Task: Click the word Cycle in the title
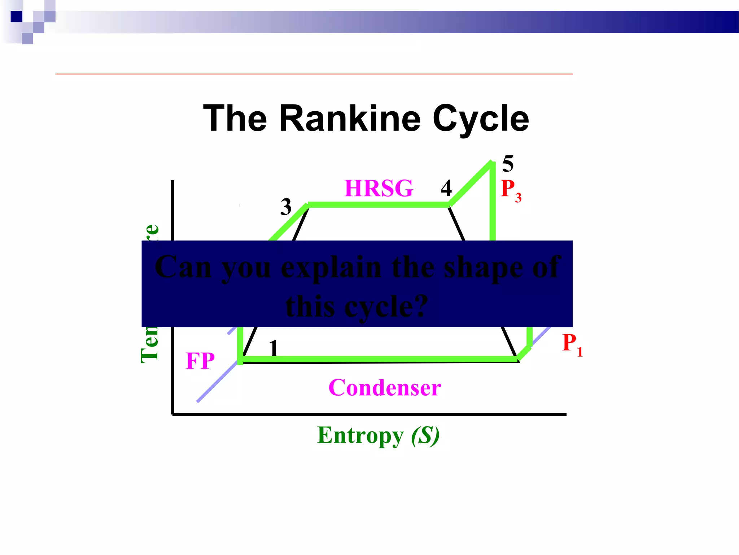481,119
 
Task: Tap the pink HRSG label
379,188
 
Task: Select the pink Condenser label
385,388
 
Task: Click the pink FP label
200,361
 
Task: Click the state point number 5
508,164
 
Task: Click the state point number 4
446,188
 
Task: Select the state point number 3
286,207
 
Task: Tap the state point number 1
274,348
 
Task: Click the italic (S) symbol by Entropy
425,436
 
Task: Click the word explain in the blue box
331,268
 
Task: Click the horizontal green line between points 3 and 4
379,205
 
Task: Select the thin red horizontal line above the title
314,74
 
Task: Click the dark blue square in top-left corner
17,17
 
